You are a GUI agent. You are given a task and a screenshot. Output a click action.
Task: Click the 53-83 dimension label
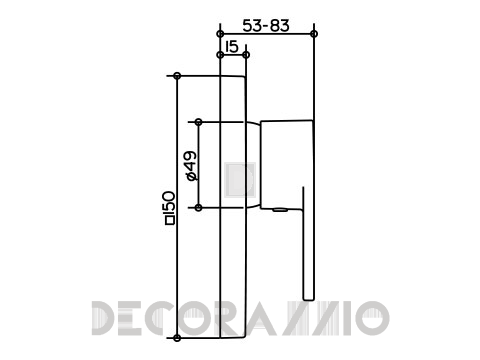click(266, 26)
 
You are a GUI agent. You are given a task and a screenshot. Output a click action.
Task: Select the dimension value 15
click(232, 47)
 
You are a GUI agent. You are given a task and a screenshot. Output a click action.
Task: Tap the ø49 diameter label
click(191, 166)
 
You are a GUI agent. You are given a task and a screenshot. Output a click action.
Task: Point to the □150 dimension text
click(170, 207)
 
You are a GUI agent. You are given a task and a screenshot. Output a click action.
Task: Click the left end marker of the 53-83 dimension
click(220, 34)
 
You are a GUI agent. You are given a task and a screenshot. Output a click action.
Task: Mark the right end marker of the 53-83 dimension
click(314, 34)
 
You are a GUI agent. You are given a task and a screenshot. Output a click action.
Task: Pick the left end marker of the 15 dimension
click(220, 55)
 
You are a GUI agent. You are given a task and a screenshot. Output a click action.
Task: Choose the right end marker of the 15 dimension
click(246, 55)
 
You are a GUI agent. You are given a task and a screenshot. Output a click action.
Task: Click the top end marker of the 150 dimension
click(177, 76)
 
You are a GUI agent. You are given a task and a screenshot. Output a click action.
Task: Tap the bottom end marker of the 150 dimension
click(177, 338)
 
